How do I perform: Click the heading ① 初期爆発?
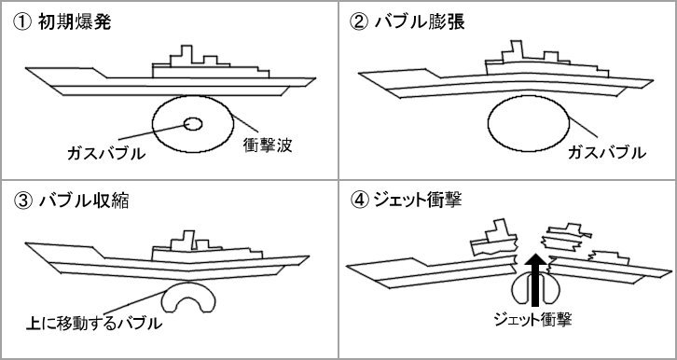pyautogui.click(x=62, y=22)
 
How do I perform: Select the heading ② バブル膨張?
pyautogui.click(x=407, y=22)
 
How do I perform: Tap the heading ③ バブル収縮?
pyautogui.click(x=71, y=201)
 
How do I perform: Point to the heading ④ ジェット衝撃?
pyautogui.click(x=406, y=200)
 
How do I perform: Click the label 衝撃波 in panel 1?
pyautogui.click(x=268, y=145)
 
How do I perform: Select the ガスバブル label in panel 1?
pyautogui.click(x=106, y=153)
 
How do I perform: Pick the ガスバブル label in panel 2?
pyautogui.click(x=607, y=152)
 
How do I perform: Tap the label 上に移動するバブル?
pyautogui.click(x=94, y=323)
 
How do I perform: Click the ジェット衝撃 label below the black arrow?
pyautogui.click(x=533, y=319)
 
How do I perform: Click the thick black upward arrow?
pyautogui.click(x=535, y=280)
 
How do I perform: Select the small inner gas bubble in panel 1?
pyautogui.click(x=193, y=124)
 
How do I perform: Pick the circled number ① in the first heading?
pyautogui.click(x=21, y=22)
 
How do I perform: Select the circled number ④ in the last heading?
pyautogui.click(x=357, y=201)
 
